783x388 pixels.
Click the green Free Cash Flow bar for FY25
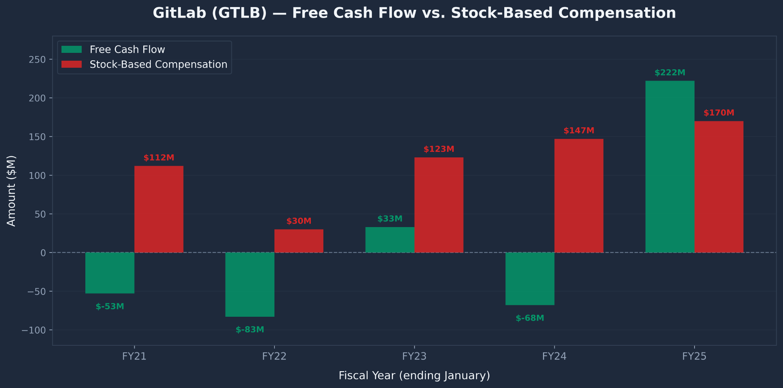669,166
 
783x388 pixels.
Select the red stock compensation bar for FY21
159,209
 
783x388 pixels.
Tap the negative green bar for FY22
250,285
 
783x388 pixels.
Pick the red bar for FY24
579,196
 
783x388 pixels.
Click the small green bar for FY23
390,240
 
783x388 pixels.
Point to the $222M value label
670,73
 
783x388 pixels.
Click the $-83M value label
250,330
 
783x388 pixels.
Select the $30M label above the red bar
299,221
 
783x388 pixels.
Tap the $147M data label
579,131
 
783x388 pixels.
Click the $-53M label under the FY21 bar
110,307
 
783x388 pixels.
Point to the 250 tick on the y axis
37,60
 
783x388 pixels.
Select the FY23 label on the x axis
414,356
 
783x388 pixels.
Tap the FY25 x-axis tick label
694,356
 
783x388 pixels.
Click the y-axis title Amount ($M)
12,191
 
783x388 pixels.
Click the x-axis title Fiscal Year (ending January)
414,375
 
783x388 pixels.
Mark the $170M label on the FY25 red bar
719,113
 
